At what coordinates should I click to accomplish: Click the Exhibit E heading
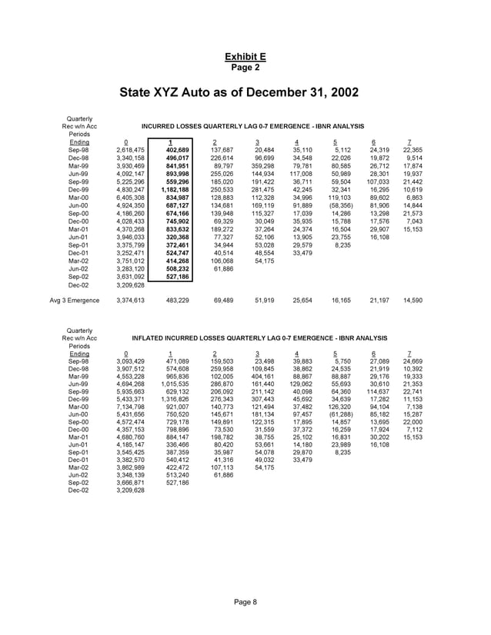pos(245,57)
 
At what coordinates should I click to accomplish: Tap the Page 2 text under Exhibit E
pos(245,67)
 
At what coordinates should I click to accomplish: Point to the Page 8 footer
pos(245,602)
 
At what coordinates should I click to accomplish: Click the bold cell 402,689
pos(177,148)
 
